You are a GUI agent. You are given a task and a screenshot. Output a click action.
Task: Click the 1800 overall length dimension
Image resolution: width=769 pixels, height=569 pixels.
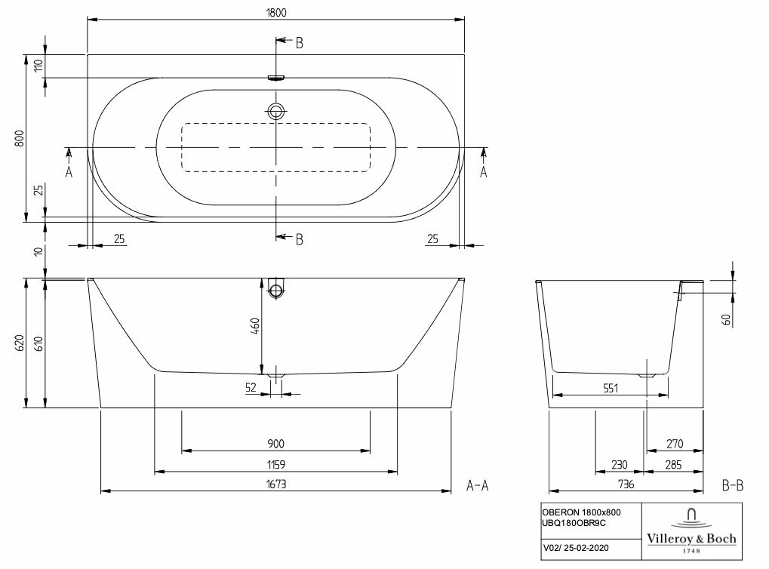click(276, 13)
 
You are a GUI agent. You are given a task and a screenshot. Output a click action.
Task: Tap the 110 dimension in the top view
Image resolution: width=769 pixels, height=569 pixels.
click(38, 66)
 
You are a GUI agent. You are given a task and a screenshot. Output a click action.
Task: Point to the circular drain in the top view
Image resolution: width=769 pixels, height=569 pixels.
click(276, 112)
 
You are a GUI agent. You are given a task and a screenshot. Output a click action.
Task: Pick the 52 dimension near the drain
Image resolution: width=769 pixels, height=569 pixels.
click(251, 388)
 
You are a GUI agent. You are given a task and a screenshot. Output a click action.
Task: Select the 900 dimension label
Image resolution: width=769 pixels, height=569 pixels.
click(276, 443)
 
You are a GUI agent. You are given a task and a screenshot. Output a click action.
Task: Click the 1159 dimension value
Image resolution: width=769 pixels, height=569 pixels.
click(276, 465)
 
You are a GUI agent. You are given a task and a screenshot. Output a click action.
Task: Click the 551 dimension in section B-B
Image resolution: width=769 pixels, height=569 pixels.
click(611, 388)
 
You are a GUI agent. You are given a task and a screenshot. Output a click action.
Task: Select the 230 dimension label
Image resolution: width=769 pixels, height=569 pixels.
click(620, 465)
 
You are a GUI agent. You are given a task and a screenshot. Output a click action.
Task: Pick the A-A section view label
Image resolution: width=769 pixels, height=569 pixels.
click(478, 486)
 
